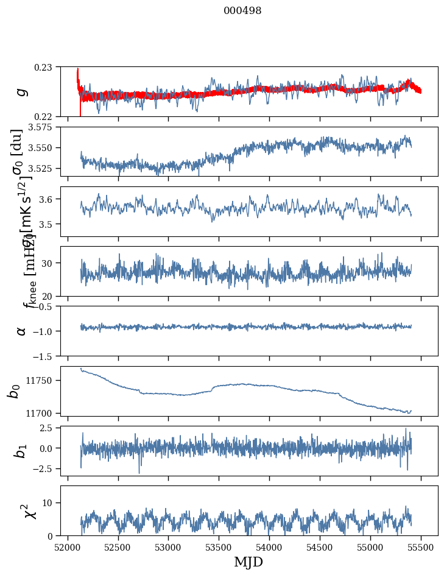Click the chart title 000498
coord(242,11)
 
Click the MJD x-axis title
coord(248,562)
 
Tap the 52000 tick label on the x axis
coord(68,547)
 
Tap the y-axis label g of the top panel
coord(22,91)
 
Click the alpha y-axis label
coord(22,330)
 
